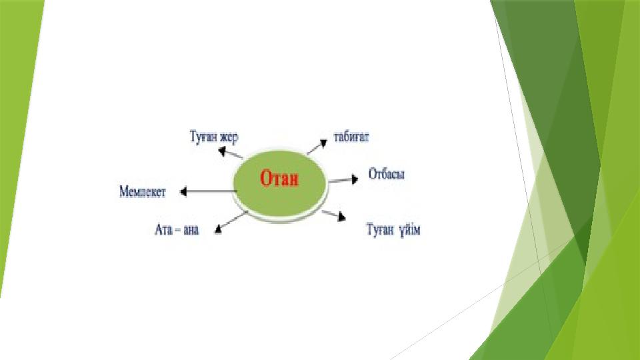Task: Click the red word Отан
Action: (x=279, y=179)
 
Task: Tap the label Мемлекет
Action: (x=143, y=191)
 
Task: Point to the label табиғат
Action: (x=351, y=136)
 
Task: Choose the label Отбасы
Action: (x=387, y=174)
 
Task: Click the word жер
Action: (x=229, y=137)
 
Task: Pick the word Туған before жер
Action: (x=203, y=137)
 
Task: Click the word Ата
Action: (x=163, y=229)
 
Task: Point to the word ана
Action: (x=191, y=230)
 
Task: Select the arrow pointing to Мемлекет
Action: (x=208, y=191)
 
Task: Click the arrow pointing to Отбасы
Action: (x=343, y=179)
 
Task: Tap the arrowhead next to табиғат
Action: (x=323, y=143)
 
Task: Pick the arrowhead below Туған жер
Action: (x=222, y=152)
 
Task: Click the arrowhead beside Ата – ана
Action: (x=218, y=229)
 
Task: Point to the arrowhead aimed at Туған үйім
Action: (x=341, y=217)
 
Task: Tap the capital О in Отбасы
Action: (x=373, y=174)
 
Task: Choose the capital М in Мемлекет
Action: (x=124, y=191)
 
